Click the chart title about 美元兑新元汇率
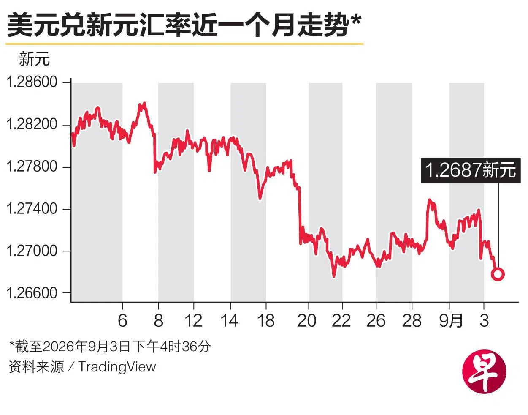pos(184,25)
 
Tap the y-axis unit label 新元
pos(34,59)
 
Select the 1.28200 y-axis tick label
pos(32,124)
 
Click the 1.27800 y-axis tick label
pos(32,167)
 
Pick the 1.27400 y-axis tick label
pos(32,209)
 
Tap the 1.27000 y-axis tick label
pos(32,251)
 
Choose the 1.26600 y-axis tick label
pos(32,293)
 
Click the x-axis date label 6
pos(122,321)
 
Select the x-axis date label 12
pos(193,321)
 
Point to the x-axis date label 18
pos(266,321)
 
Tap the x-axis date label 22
pos(341,321)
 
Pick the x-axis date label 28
pos(412,321)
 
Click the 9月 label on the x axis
pos(451,321)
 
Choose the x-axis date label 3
pos(484,321)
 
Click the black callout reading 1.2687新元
pos(471,170)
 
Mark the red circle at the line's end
pos(498,274)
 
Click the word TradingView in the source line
pos(117,366)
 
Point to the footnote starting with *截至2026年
pos(110,347)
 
